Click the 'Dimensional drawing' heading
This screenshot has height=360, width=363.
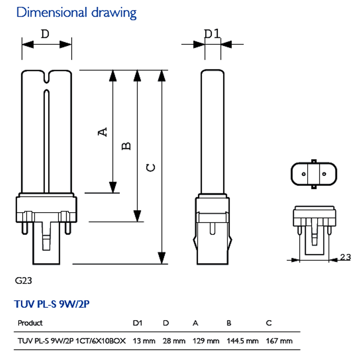tap(76, 13)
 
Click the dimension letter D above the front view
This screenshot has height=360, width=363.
tap(45, 34)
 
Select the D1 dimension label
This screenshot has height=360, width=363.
tap(211, 34)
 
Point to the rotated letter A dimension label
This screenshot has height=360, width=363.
tap(103, 132)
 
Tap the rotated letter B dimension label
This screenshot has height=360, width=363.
tap(126, 146)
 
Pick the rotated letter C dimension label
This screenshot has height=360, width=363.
tap(151, 167)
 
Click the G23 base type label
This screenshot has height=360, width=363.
tap(24, 281)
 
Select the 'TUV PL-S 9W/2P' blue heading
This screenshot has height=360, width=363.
tap(52, 304)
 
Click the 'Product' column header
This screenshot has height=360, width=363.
tap(30, 323)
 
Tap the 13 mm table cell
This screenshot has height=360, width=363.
tap(144, 341)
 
